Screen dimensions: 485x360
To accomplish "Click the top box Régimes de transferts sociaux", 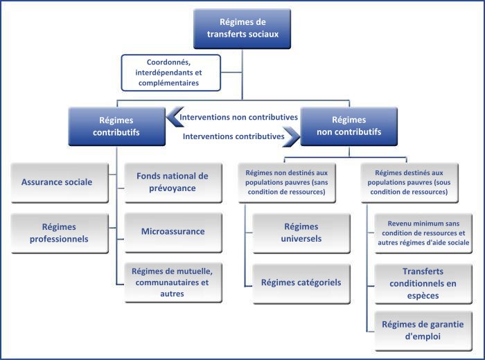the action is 242,29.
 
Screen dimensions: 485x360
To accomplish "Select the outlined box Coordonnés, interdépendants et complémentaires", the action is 171,73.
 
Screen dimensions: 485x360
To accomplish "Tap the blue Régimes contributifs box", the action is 116,127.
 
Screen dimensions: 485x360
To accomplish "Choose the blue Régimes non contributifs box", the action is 349,126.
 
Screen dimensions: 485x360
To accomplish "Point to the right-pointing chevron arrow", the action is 292,136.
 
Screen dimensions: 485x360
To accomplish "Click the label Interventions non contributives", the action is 238,117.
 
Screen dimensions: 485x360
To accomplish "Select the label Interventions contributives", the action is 233,136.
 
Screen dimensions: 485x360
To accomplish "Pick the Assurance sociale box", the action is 60,183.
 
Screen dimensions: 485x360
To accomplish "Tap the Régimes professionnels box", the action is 60,233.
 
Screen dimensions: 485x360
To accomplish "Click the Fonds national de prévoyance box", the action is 173,183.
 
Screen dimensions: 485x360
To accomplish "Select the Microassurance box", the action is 173,233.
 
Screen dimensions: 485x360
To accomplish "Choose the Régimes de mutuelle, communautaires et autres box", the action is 173,282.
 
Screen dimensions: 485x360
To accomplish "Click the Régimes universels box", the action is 301,233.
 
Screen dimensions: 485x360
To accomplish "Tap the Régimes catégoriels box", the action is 301,284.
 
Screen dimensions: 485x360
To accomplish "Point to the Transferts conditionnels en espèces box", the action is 423,284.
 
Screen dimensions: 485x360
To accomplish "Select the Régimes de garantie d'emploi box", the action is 423,331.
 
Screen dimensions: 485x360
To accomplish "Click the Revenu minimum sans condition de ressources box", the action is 423,233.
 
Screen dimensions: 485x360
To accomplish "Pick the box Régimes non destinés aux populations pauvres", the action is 287,183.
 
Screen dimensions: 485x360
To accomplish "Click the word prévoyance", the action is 173,188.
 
